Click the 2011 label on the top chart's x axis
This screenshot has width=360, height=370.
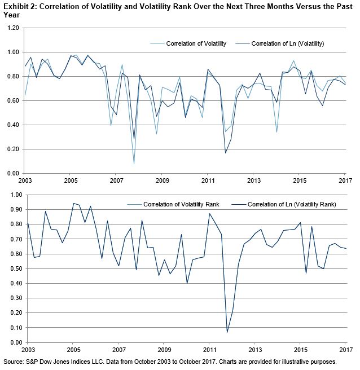tap(209, 180)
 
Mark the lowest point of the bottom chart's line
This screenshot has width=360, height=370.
tap(227, 332)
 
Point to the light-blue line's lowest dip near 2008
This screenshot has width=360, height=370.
tap(134, 164)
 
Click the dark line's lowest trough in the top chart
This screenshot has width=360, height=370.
tap(226, 153)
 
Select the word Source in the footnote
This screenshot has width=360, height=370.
tap(14, 361)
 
